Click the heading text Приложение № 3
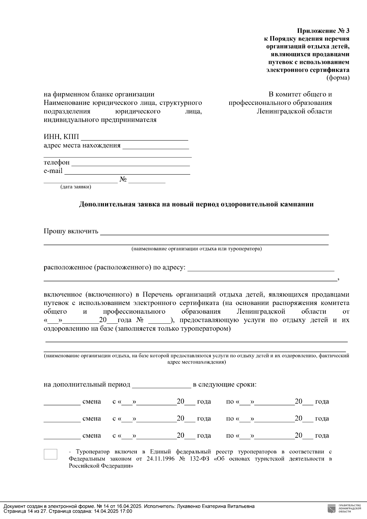pyautogui.click(x=323, y=31)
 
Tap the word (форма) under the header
pyautogui.click(x=338, y=78)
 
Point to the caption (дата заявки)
pyautogui.click(x=76, y=187)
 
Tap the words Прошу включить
pyautogui.click(x=71, y=231)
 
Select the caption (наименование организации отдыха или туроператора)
pyautogui.click(x=196, y=249)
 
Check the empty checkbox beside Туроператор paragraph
pyautogui.click(x=50, y=454)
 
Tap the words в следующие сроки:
pyautogui.click(x=224, y=385)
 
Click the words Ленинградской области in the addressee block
pyautogui.click(x=294, y=111)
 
